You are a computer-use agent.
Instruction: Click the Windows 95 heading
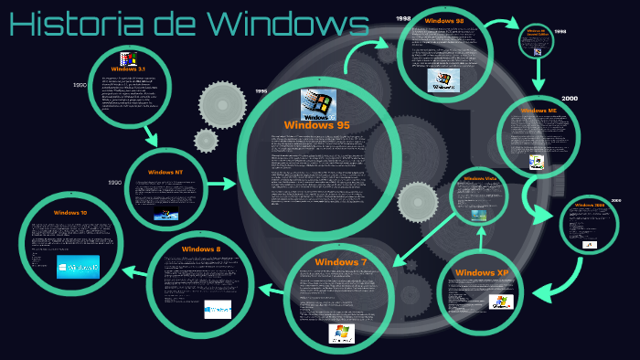[316, 125]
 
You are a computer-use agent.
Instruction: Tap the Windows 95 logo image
[318, 104]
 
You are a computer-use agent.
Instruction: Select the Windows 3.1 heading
[127, 69]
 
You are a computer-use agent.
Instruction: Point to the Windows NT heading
[165, 172]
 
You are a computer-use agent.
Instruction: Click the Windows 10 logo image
[76, 268]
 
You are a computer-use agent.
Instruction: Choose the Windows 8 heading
[200, 249]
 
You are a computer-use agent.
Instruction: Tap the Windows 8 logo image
[218, 308]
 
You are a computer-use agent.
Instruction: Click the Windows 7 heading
[340, 262]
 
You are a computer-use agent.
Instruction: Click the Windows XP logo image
[501, 302]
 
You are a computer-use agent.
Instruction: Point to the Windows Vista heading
[479, 178]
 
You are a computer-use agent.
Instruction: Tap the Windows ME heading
[539, 110]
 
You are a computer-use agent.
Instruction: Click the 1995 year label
[261, 91]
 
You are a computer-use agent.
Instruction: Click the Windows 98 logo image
[444, 79]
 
